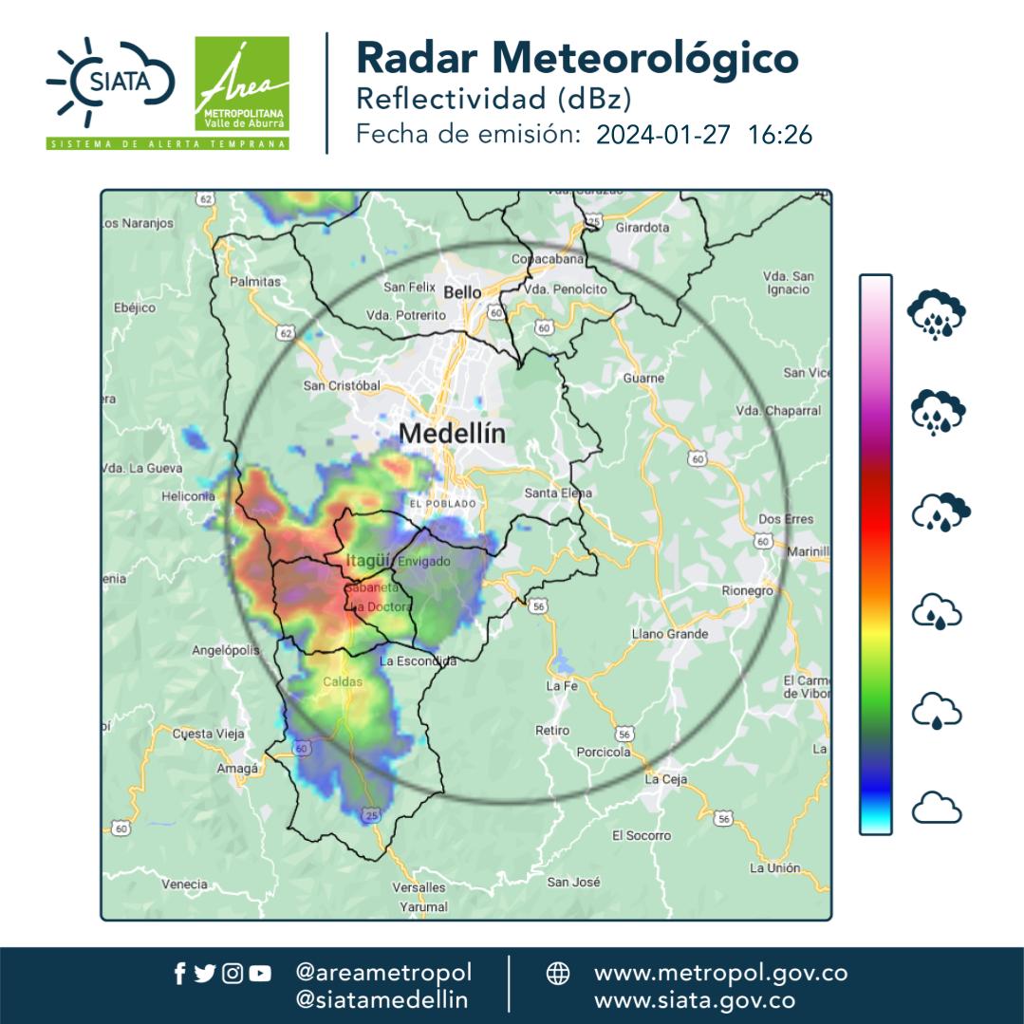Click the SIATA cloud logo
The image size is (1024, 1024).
point(110,83)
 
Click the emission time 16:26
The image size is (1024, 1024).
point(780,135)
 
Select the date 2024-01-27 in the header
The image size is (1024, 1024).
point(663,135)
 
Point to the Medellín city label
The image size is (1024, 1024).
point(452,434)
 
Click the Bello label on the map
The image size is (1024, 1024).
point(462,292)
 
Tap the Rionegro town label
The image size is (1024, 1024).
point(749,590)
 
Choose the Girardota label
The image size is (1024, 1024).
point(642,228)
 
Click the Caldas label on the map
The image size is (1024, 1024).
point(343,681)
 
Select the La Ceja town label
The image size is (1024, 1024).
point(665,779)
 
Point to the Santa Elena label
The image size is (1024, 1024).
point(558,493)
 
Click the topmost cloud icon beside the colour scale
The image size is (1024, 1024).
point(937,314)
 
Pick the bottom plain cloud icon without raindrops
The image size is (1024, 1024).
point(937,810)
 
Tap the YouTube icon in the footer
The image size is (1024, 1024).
point(260,973)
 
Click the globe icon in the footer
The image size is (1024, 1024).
point(558,974)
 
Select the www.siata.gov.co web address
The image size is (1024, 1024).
point(694,999)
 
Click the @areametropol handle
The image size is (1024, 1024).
point(383,973)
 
